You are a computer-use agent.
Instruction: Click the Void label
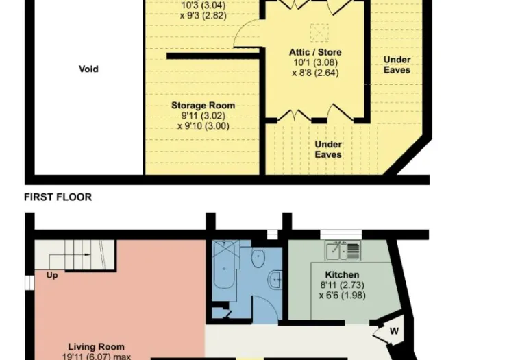(88, 69)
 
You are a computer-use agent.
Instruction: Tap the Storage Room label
(203, 106)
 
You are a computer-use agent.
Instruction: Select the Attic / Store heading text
(315, 52)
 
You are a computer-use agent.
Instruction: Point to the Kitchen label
(342, 275)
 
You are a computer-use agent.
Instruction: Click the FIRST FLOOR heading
(58, 197)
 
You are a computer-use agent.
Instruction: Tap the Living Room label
(96, 347)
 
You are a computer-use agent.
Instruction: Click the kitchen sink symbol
(343, 250)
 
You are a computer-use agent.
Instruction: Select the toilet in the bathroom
(258, 257)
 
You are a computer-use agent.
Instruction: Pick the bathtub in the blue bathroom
(224, 264)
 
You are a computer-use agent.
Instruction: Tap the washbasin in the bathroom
(275, 279)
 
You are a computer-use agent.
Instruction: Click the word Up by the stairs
(52, 276)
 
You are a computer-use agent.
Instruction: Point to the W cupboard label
(394, 331)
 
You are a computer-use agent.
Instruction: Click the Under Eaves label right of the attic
(397, 64)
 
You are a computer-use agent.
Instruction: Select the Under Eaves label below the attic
(328, 149)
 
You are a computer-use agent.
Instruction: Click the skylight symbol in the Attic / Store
(319, 33)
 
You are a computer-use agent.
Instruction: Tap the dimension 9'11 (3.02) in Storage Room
(203, 116)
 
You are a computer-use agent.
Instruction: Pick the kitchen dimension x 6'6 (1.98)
(342, 296)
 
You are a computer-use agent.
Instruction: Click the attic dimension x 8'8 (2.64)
(315, 73)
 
